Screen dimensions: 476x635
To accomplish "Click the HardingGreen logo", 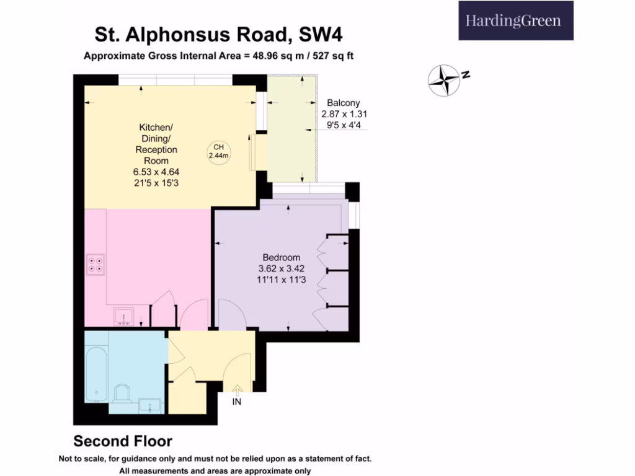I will (515, 21).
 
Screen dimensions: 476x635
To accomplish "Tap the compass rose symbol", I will (445, 80).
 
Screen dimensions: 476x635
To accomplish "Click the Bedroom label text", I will (281, 258).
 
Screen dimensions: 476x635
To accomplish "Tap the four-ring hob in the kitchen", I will (95, 265).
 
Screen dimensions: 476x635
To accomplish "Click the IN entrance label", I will (236, 402).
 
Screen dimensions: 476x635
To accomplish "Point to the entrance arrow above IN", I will (236, 389).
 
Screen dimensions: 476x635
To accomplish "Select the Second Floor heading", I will (123, 441).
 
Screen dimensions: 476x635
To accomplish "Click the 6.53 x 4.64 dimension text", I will (158, 172).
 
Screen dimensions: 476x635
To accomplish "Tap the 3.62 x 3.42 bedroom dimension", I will (281, 269).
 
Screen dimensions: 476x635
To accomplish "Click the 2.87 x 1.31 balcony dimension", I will (340, 114).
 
